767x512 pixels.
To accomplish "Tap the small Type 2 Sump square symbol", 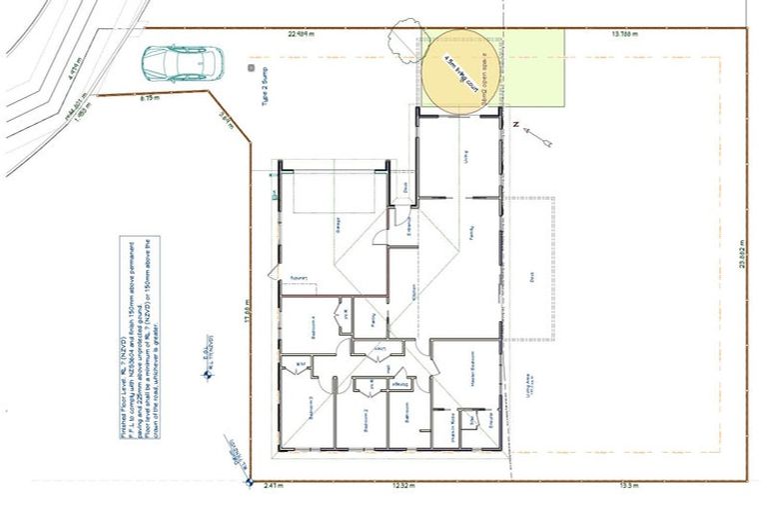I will point(250,68).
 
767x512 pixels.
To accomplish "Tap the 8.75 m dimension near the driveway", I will point(150,98).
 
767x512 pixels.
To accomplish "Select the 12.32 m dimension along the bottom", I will point(401,485).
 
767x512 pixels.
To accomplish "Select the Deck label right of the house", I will point(533,283).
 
